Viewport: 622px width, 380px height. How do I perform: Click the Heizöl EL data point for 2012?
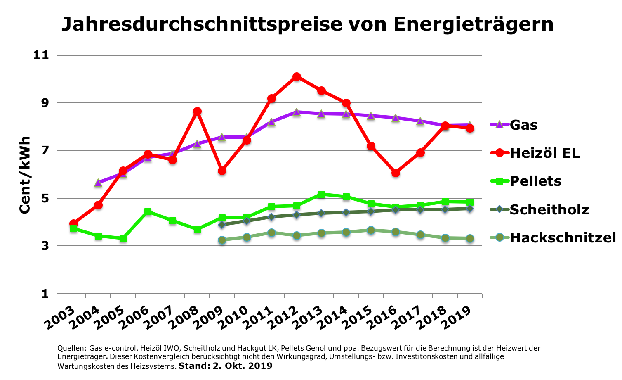click(297, 77)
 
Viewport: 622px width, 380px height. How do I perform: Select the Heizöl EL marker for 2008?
click(197, 112)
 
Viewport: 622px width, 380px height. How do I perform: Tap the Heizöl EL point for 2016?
click(396, 173)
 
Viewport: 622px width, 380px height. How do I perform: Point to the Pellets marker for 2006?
click(148, 212)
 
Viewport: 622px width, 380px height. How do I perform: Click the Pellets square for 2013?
click(321, 194)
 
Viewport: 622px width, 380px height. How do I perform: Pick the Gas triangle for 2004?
click(98, 183)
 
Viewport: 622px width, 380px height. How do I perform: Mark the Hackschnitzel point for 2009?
click(222, 240)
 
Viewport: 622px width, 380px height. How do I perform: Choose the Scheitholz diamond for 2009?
click(222, 225)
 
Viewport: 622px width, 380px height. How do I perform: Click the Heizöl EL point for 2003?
click(73, 223)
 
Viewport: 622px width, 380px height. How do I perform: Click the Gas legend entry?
click(523, 125)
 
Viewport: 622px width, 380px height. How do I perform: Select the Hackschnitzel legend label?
click(563, 237)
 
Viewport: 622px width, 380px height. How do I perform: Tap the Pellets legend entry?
click(535, 181)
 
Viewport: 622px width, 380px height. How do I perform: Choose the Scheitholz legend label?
click(549, 209)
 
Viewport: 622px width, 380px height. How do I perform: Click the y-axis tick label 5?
click(44, 198)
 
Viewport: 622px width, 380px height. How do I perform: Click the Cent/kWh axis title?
click(25, 174)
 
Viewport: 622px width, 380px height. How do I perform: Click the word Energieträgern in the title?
click(473, 24)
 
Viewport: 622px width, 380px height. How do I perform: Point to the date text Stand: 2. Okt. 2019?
click(225, 366)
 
